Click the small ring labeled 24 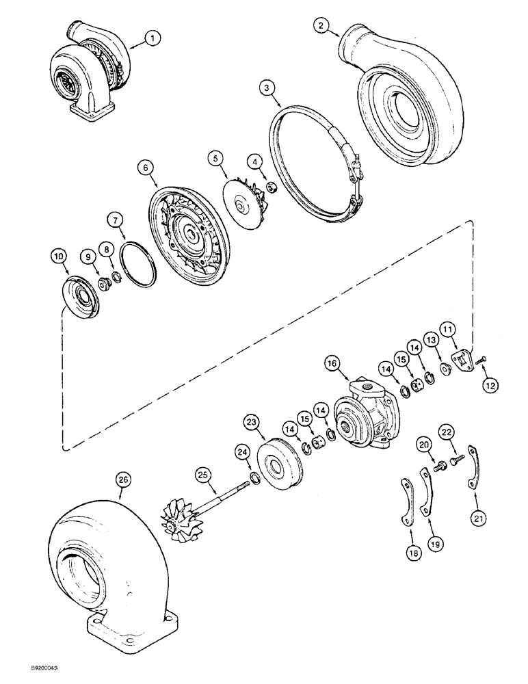point(255,477)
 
